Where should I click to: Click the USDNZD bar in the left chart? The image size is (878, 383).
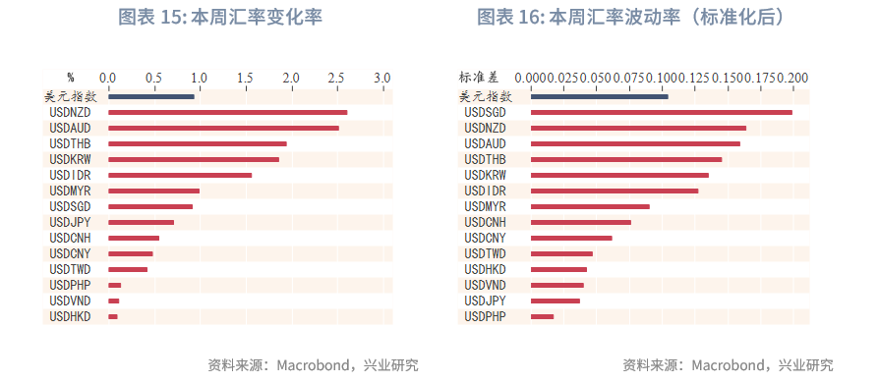[x=227, y=113]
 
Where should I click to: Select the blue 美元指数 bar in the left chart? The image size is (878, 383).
[x=151, y=96]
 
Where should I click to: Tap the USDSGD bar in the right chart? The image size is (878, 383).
[x=661, y=113]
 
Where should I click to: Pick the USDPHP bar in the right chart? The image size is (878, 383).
[x=542, y=316]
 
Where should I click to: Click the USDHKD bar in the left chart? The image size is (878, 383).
[x=113, y=316]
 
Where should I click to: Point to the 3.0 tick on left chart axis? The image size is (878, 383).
[x=381, y=77]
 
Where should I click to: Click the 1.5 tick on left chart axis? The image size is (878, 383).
[x=245, y=77]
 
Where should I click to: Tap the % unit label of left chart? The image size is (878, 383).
[x=71, y=77]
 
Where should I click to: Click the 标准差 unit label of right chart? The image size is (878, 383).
[x=479, y=77]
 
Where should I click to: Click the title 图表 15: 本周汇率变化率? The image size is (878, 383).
[x=220, y=18]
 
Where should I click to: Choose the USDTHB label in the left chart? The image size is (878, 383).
[x=70, y=144]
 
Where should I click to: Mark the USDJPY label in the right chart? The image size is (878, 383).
[x=485, y=301]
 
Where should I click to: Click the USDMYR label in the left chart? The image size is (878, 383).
[x=70, y=191]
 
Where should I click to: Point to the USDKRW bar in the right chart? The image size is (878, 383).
[x=619, y=175]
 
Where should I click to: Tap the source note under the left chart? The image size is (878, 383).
[x=313, y=365]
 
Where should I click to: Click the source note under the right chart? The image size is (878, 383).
[x=727, y=365]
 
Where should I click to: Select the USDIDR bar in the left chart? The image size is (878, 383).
[x=180, y=175]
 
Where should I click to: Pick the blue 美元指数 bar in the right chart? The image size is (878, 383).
[x=599, y=96]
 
